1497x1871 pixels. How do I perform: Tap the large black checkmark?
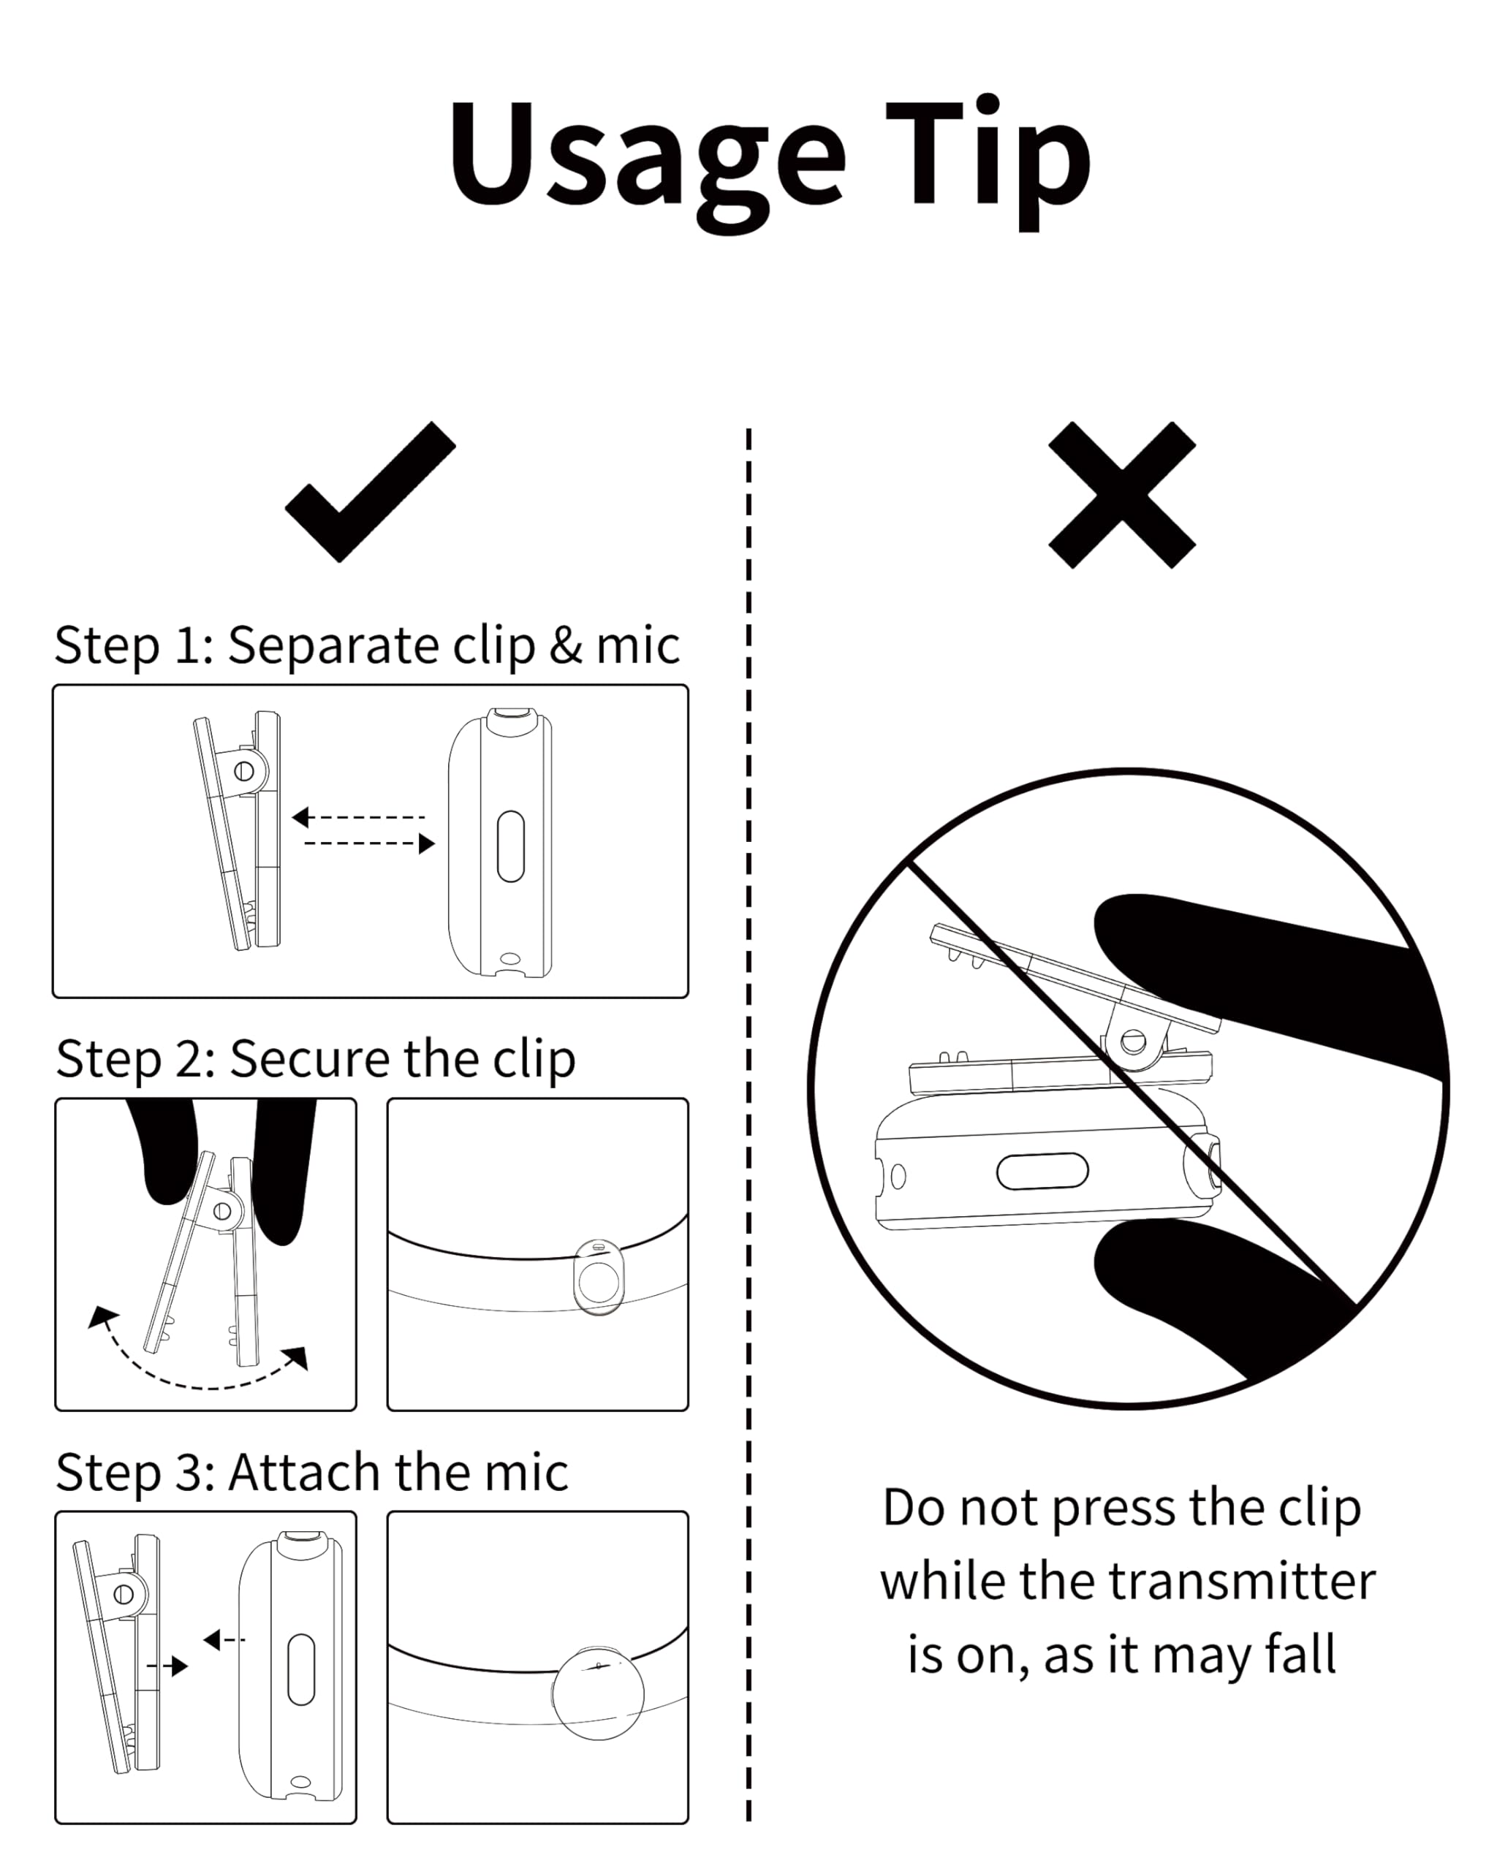pos(369,493)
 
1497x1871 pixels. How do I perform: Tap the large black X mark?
pos(1121,495)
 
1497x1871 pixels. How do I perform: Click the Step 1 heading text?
pos(366,645)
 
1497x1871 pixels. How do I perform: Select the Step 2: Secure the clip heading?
pos(315,1059)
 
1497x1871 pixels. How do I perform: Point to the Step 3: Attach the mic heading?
pos(311,1472)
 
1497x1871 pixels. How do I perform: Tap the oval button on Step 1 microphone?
pos(510,847)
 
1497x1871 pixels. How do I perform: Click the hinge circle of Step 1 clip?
pos(244,770)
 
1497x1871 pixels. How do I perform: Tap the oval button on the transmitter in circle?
pos(1042,1172)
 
